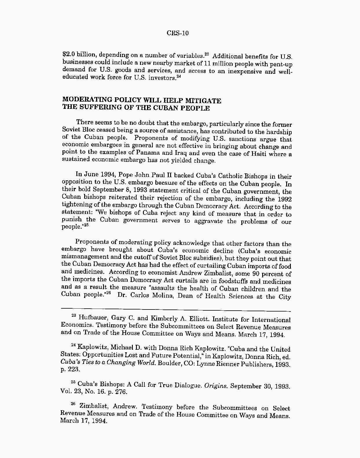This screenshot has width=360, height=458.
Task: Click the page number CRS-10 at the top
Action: [178, 33]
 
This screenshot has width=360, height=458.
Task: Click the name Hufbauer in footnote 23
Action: [92, 318]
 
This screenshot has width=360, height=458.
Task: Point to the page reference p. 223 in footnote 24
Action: [70, 369]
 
